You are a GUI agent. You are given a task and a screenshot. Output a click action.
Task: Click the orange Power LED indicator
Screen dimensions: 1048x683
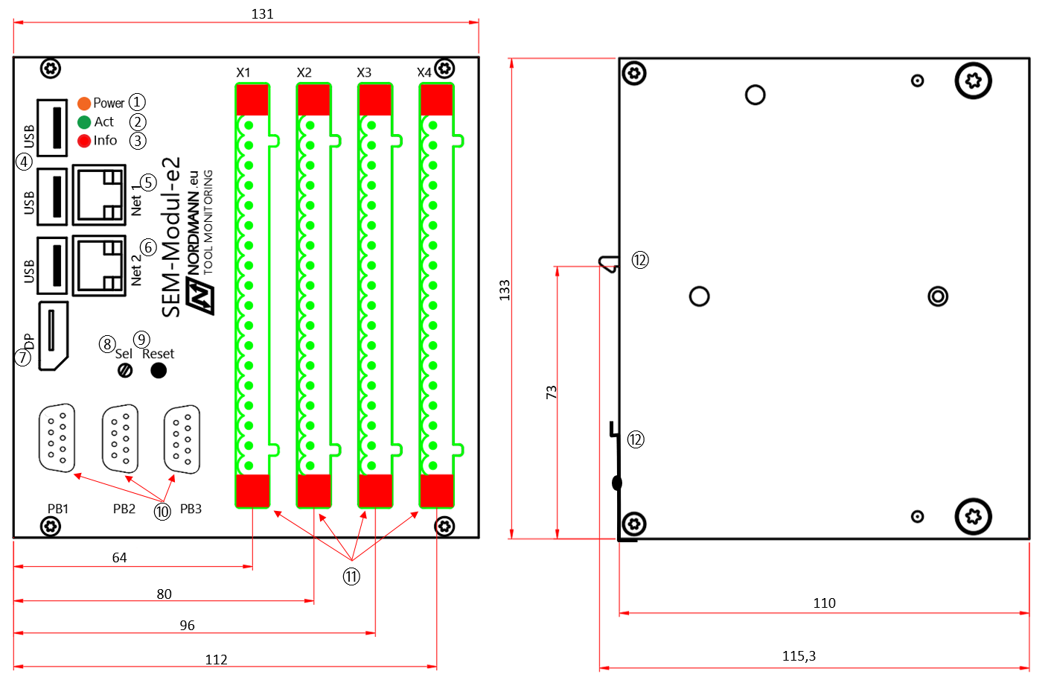point(84,104)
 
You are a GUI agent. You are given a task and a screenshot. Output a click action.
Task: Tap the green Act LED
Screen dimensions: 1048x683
point(84,122)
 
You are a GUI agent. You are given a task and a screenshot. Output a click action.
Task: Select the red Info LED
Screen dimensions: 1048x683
point(84,141)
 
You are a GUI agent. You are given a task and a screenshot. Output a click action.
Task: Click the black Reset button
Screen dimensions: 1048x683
point(159,370)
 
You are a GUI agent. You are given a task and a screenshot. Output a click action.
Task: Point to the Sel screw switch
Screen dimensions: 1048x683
point(125,371)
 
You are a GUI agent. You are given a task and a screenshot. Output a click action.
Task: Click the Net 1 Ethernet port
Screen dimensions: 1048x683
point(99,195)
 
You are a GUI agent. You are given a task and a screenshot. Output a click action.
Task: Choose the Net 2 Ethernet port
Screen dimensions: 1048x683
point(99,265)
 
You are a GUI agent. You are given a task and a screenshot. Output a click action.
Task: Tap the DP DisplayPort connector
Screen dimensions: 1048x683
point(54,336)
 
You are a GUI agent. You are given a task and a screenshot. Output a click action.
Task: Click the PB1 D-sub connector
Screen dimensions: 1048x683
point(57,438)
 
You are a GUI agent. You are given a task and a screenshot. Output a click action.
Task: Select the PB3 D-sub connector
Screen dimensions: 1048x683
point(182,439)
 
